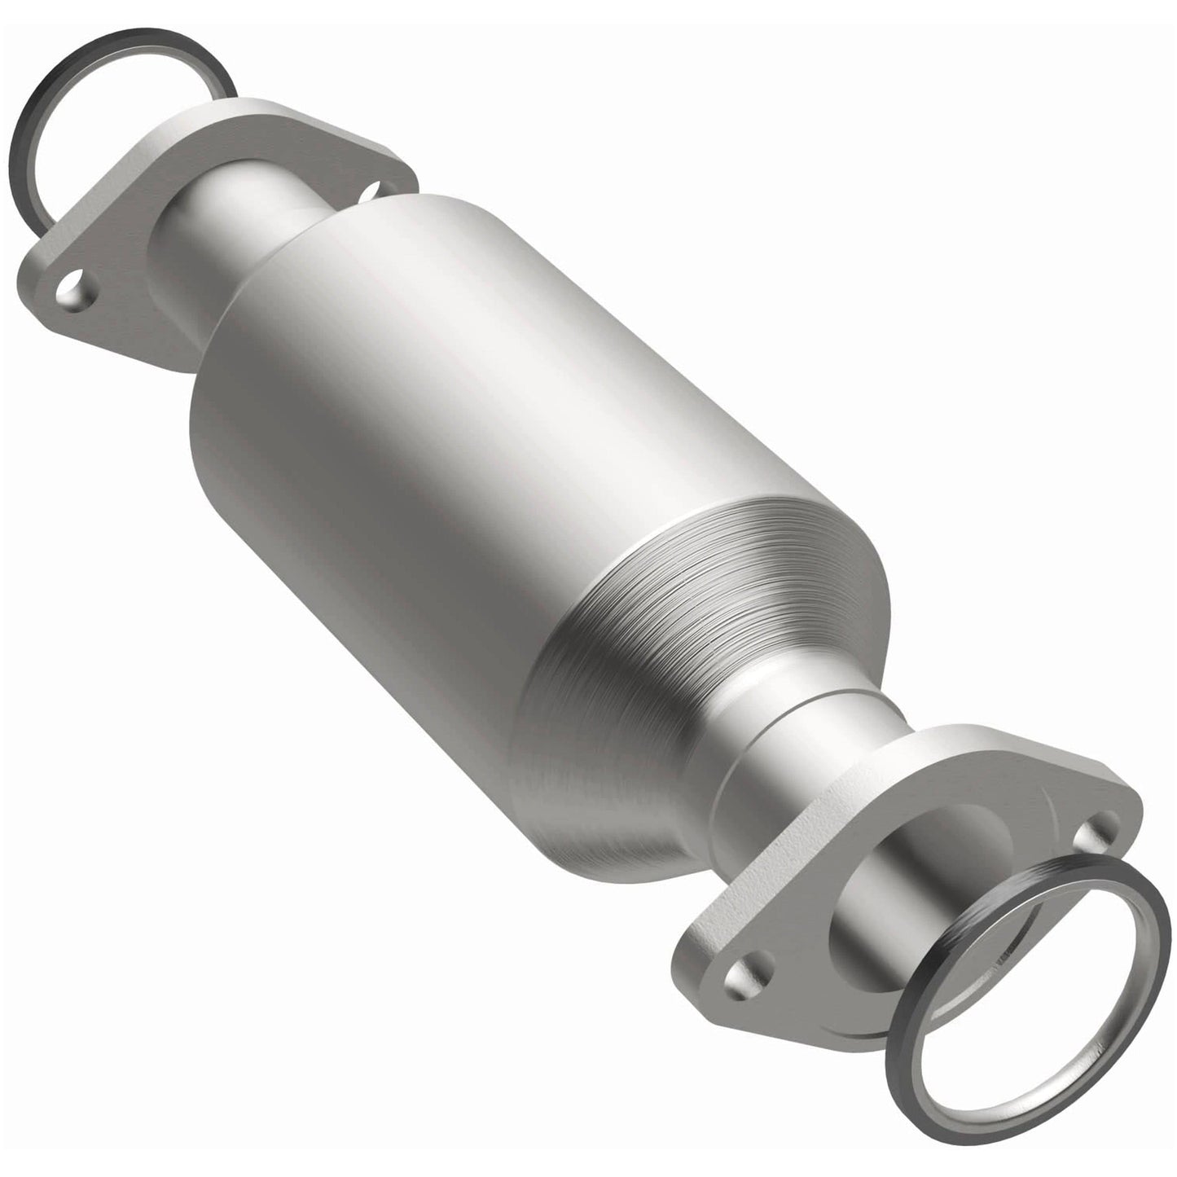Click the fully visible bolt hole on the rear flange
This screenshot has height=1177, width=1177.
75,294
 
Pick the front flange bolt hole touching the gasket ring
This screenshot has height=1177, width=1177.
1088,838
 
